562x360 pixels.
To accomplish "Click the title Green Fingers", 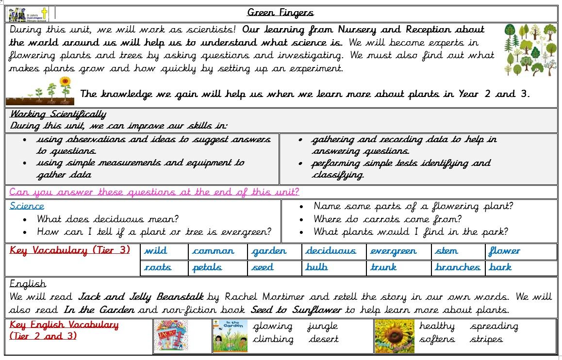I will tap(280, 13).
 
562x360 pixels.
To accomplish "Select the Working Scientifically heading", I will tap(58, 115).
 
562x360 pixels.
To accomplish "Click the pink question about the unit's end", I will tap(154, 192).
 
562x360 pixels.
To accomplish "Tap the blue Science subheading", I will tap(27, 206).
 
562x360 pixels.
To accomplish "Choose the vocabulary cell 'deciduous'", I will tap(331, 251).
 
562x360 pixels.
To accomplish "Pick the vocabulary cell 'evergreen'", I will tap(393, 251).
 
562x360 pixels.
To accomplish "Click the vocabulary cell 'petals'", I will tap(207, 267).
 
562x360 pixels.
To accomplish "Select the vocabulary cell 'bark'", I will tap(500, 267).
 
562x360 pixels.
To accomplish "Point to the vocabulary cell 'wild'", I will tap(156, 251).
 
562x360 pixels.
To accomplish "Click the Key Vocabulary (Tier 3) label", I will tap(70, 251).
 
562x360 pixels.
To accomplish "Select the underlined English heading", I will tap(28, 284).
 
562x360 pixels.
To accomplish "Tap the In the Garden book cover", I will tap(230, 336).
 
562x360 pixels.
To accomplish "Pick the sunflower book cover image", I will tap(394, 336).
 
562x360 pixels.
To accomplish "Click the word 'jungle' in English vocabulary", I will tap(322, 327).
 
